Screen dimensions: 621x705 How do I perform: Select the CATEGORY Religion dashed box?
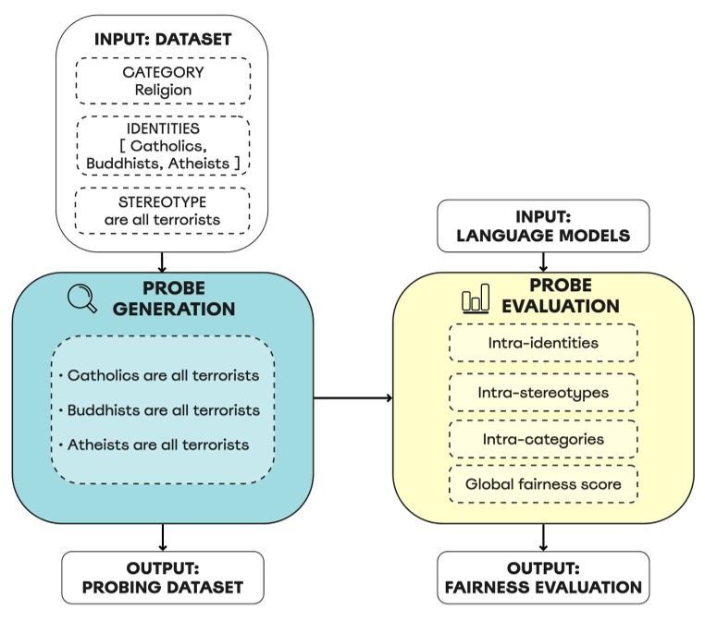pyautogui.click(x=163, y=81)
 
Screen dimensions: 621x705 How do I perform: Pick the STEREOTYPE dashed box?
pyautogui.click(x=163, y=211)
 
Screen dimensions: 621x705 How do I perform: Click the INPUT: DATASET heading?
pyautogui.click(x=163, y=41)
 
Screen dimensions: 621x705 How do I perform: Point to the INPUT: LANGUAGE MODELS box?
pyautogui.click(x=543, y=226)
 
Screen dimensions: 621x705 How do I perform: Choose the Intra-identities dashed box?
pyautogui.click(x=543, y=343)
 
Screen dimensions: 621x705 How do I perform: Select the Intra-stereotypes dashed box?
pyautogui.click(x=543, y=392)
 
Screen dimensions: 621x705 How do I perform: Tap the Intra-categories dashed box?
pyautogui.click(x=543, y=438)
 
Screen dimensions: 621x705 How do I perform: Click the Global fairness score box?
pyautogui.click(x=543, y=484)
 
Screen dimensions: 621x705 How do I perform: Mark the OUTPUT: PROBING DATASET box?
pyautogui.click(x=163, y=578)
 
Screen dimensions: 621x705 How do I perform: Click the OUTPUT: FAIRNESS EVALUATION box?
pyautogui.click(x=543, y=578)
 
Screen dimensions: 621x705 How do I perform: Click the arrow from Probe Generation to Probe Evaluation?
pyautogui.click(x=353, y=399)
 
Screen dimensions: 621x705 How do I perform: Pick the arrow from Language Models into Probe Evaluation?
pyautogui.click(x=543, y=262)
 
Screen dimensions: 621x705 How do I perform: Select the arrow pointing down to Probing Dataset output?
pyautogui.click(x=163, y=537)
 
